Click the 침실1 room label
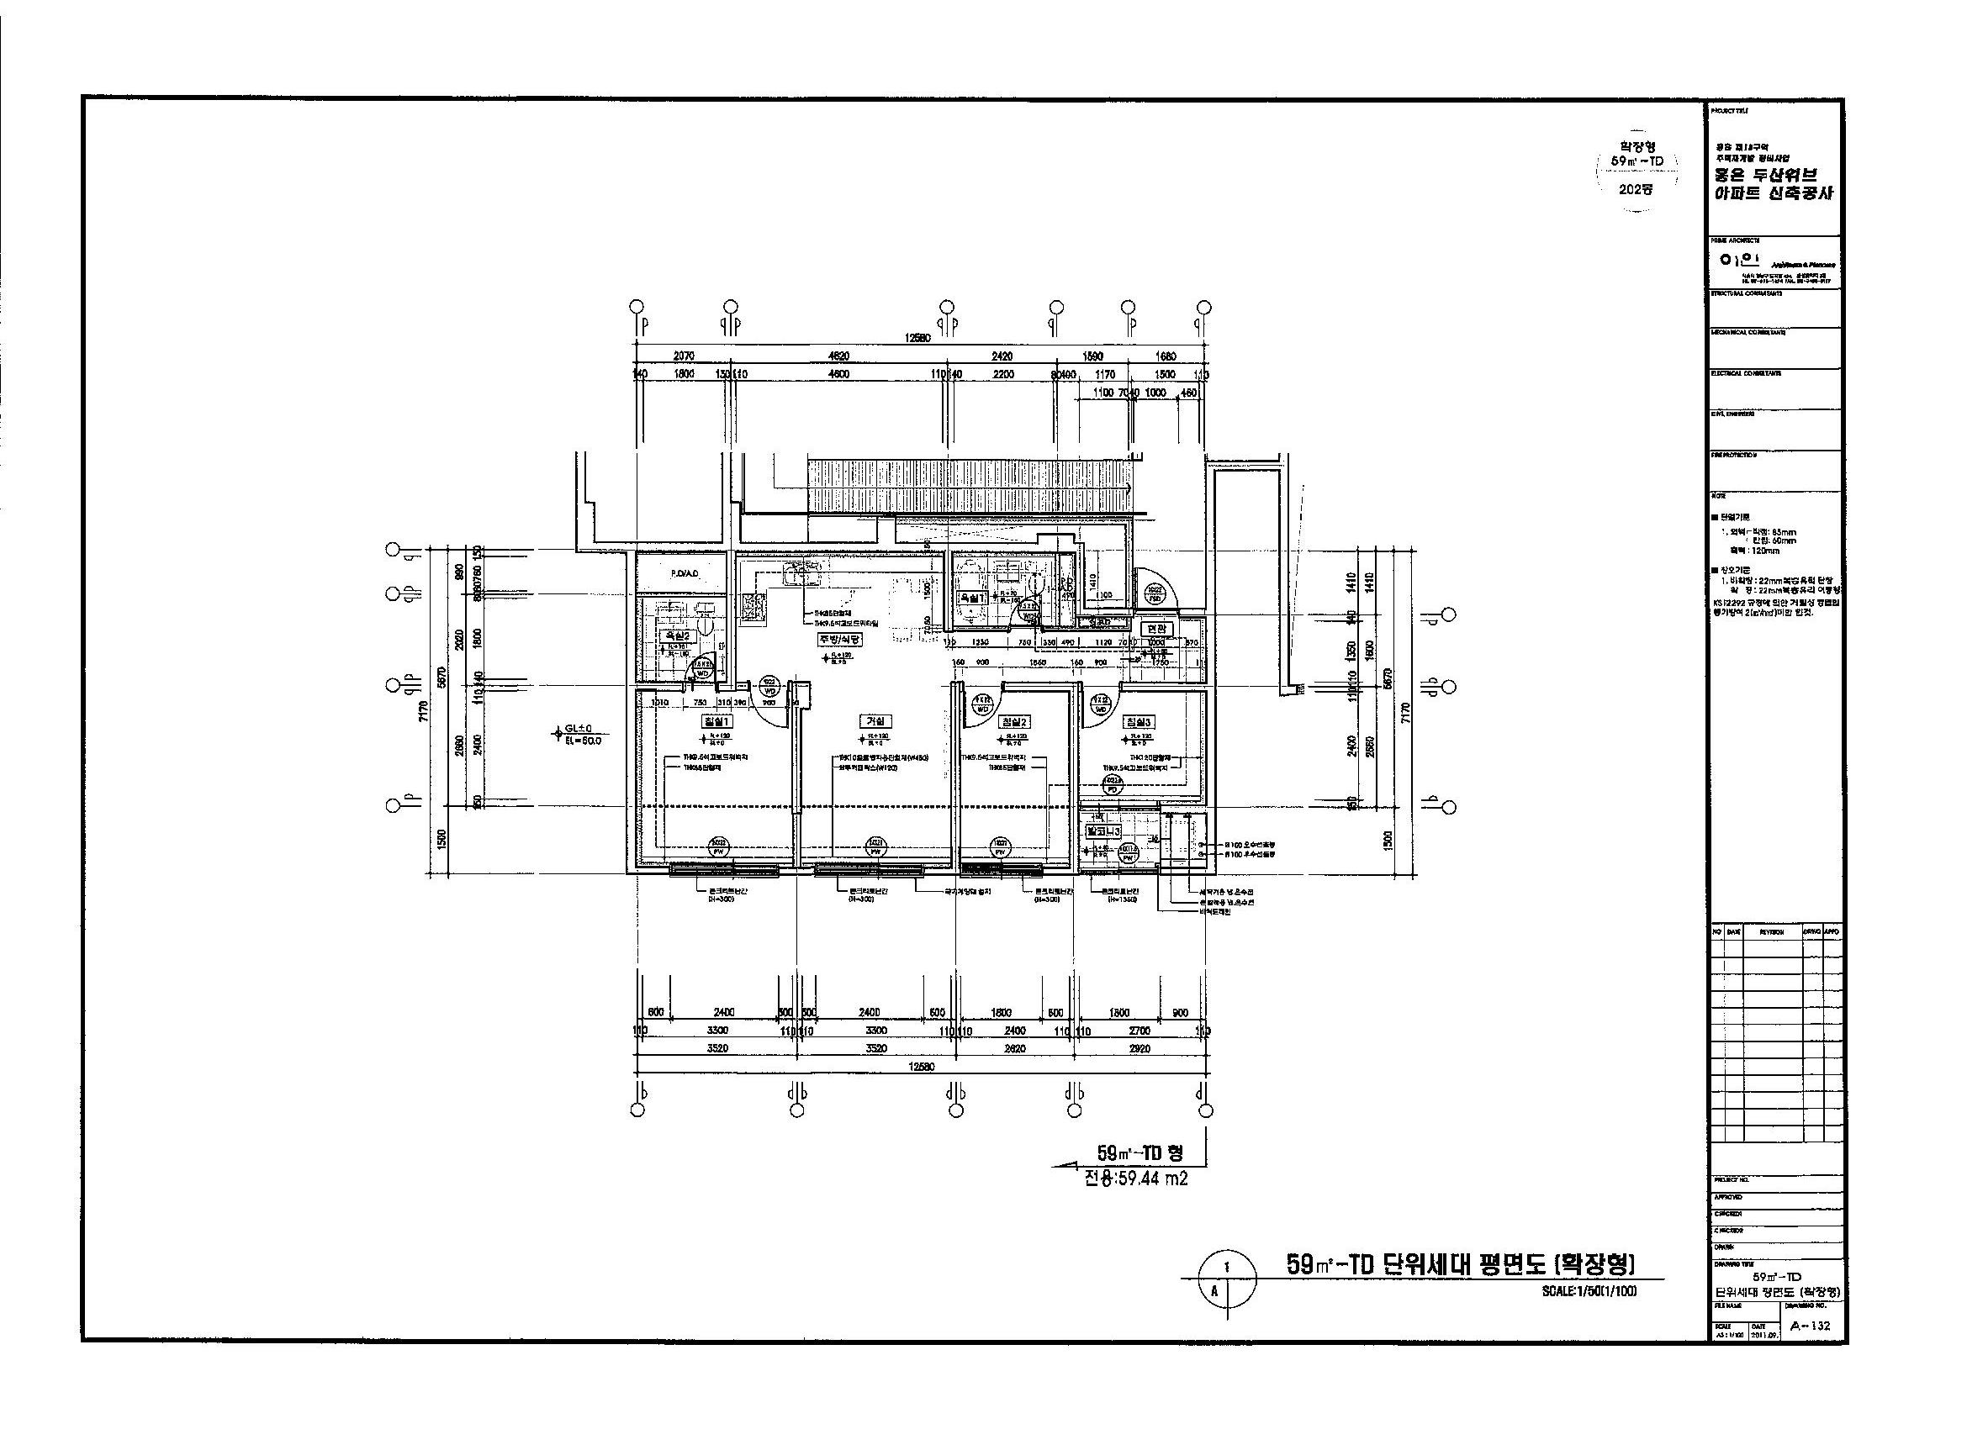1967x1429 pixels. [717, 720]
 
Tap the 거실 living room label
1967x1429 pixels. [875, 720]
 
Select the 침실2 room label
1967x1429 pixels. [1015, 720]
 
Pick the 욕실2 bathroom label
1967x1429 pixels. [675, 635]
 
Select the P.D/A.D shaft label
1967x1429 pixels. [685, 574]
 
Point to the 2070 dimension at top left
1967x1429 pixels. [685, 356]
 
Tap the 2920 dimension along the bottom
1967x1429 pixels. [1139, 1047]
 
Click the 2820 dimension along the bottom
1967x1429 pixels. [1014, 1047]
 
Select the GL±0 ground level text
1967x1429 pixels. [578, 729]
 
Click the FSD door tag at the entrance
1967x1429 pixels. [1155, 598]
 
